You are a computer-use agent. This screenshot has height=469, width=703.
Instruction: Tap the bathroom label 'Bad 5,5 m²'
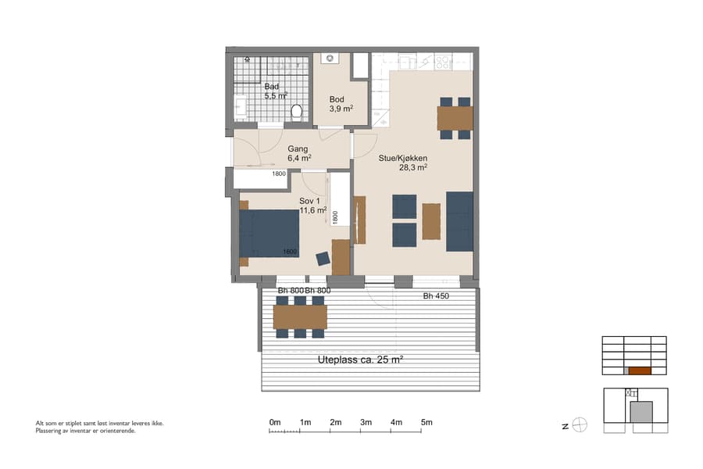point(275,91)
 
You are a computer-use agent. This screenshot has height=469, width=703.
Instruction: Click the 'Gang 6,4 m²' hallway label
point(299,153)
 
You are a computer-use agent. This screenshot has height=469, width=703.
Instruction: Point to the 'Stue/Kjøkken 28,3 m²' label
point(402,162)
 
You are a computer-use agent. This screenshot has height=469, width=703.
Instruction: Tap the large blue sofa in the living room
point(459,221)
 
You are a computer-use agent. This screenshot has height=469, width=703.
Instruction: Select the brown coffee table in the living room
point(431,221)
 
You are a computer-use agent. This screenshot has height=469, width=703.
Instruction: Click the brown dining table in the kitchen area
point(455,118)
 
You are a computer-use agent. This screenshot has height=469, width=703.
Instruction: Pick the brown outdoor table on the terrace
point(300,317)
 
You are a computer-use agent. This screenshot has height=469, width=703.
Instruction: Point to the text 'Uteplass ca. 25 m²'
point(361,360)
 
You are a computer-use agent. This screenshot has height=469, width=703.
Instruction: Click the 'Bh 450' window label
point(436,296)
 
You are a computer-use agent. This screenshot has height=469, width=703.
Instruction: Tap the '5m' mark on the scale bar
point(426,422)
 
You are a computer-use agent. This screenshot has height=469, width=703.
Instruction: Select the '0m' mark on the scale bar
point(274,422)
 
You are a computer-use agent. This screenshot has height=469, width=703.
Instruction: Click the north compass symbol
point(580,425)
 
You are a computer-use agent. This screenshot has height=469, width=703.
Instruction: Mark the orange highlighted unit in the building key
point(639,371)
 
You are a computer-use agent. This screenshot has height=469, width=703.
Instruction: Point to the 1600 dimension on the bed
point(290,251)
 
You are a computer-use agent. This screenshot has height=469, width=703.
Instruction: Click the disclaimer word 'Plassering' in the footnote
point(50,431)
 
